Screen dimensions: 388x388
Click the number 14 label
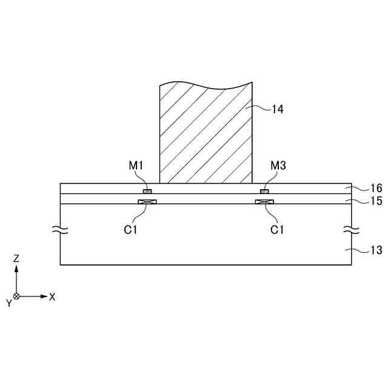[277, 110]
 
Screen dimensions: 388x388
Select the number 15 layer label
[376, 201]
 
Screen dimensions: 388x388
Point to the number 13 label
[376, 250]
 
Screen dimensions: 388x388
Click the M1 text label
[136, 166]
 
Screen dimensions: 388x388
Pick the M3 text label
[278, 166]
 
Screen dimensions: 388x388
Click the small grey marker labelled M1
[147, 192]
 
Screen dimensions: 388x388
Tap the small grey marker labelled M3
[264, 192]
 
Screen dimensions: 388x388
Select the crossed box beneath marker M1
[147, 202]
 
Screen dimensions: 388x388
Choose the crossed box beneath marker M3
[264, 202]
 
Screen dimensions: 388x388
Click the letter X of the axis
[53, 297]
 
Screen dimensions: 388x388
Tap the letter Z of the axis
[16, 258]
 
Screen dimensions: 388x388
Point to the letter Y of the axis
[8, 303]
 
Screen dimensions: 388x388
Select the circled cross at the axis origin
[16, 296]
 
